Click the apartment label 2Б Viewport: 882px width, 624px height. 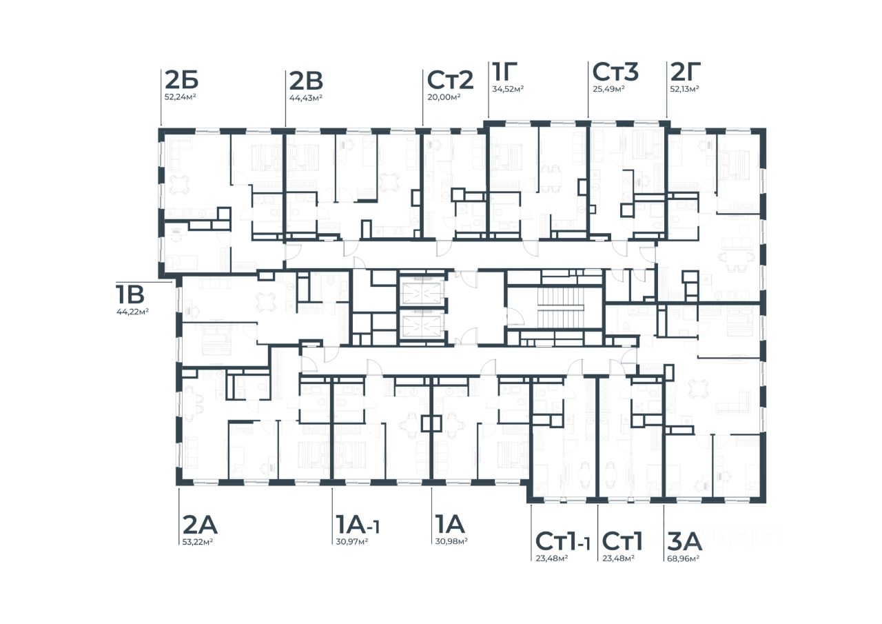pyautogui.click(x=181, y=81)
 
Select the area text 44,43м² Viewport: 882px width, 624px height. pyautogui.click(x=306, y=98)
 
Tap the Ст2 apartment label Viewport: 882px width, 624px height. pyautogui.click(x=450, y=80)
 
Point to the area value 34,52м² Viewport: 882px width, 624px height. pyautogui.click(x=508, y=89)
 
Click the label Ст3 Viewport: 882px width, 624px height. pyautogui.click(x=615, y=72)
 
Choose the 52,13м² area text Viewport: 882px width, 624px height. pyautogui.click(x=684, y=89)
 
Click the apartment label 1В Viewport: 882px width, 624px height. pyautogui.click(x=130, y=294)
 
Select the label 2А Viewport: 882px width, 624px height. pyautogui.click(x=200, y=525)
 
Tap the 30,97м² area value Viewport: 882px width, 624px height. pyautogui.click(x=352, y=542)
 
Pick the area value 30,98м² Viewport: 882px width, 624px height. pyautogui.click(x=451, y=542)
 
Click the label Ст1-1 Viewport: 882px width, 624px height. pyautogui.click(x=563, y=541)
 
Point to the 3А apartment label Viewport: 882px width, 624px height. pyautogui.click(x=685, y=542)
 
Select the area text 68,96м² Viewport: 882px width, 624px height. pyautogui.click(x=683, y=558)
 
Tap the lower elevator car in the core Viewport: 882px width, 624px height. pyautogui.click(x=422, y=327)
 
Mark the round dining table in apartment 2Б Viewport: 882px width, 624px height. pyautogui.click(x=180, y=184)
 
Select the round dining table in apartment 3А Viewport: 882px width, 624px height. pyautogui.click(x=699, y=388)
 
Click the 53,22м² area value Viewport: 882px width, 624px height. pyautogui.click(x=198, y=542)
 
